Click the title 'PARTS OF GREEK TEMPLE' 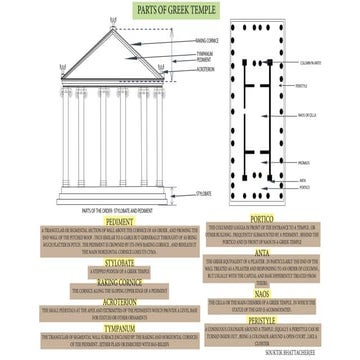point(179,9)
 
